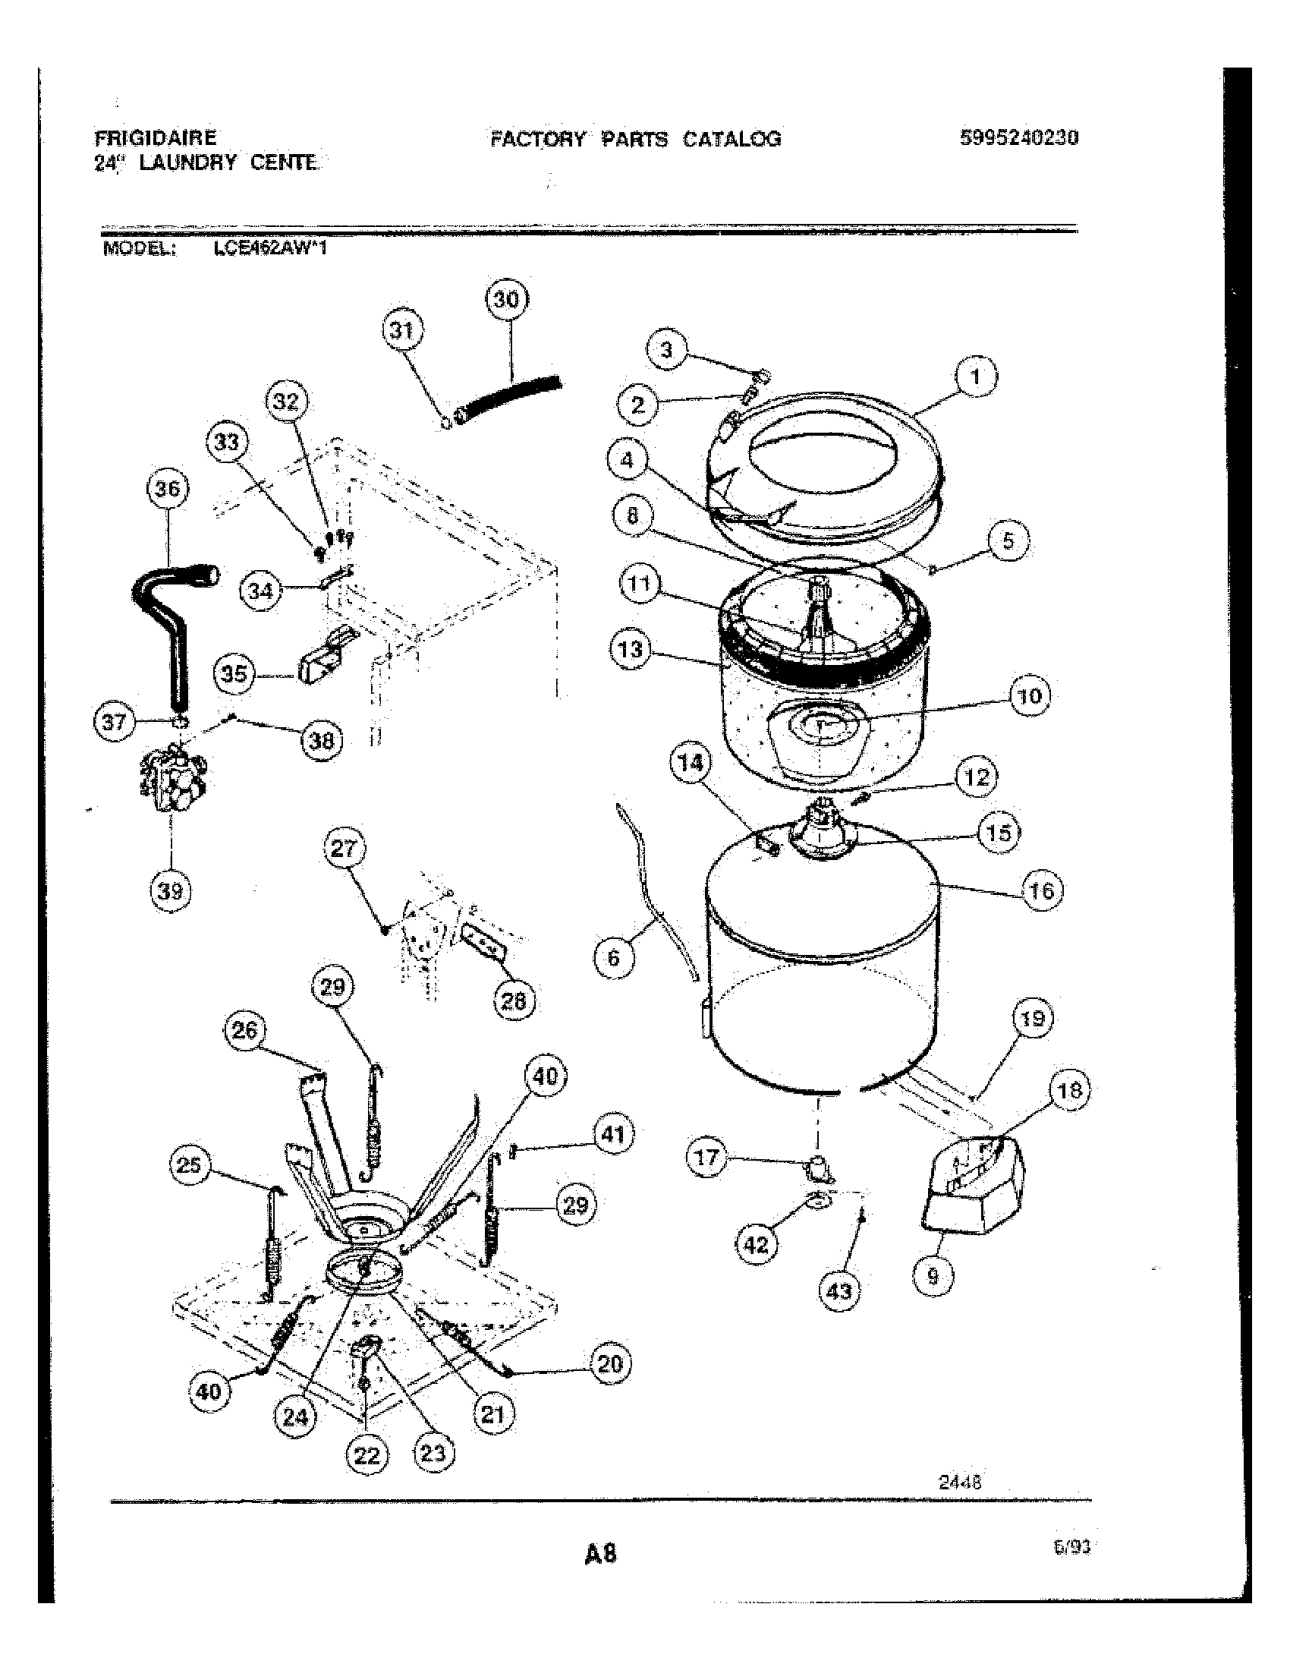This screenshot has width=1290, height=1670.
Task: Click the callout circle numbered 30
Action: click(x=507, y=300)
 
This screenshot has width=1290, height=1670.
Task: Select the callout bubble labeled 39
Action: click(x=171, y=891)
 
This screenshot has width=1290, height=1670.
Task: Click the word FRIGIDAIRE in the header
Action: click(x=156, y=137)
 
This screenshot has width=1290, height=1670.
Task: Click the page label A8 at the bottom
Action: click(x=600, y=1553)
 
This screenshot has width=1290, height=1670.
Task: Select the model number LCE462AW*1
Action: click(x=271, y=247)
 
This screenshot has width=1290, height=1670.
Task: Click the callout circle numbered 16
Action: click(x=1042, y=891)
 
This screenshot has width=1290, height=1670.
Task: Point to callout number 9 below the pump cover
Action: click(x=933, y=1275)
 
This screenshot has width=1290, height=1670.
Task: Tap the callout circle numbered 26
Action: click(x=244, y=1031)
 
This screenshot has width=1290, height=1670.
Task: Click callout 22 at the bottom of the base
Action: click(x=367, y=1454)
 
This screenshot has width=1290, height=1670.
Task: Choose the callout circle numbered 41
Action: click(x=613, y=1135)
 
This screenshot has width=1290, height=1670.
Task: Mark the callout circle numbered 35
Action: click(x=234, y=673)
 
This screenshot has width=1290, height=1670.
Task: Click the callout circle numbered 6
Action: click(x=614, y=957)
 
